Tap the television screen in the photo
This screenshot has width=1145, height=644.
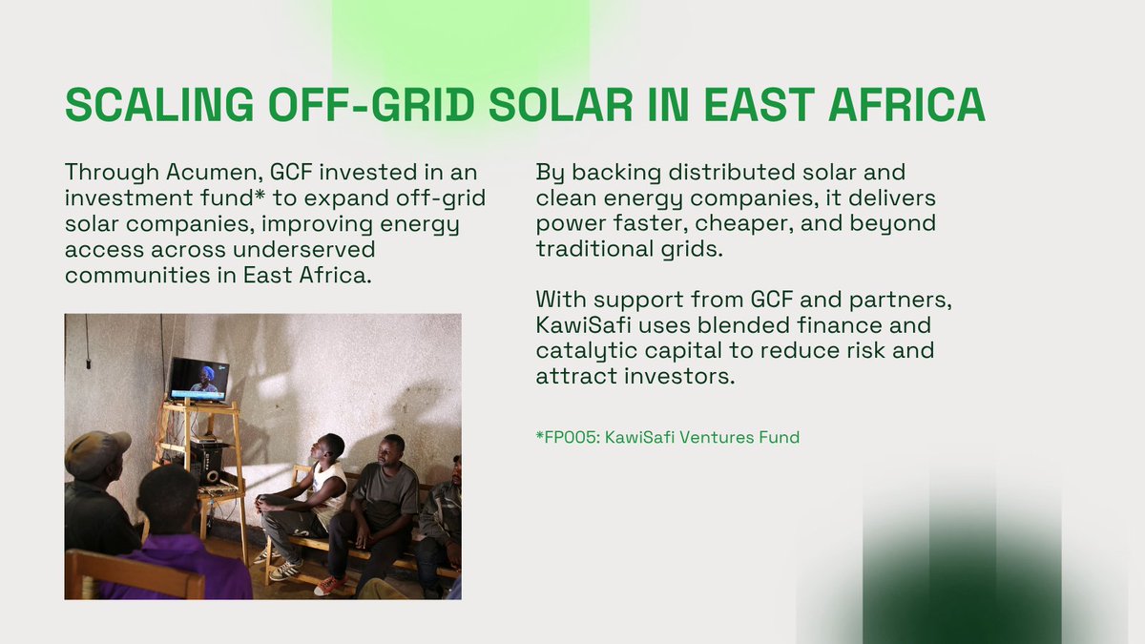tap(198, 380)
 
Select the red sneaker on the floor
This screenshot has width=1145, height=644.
tap(330, 584)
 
